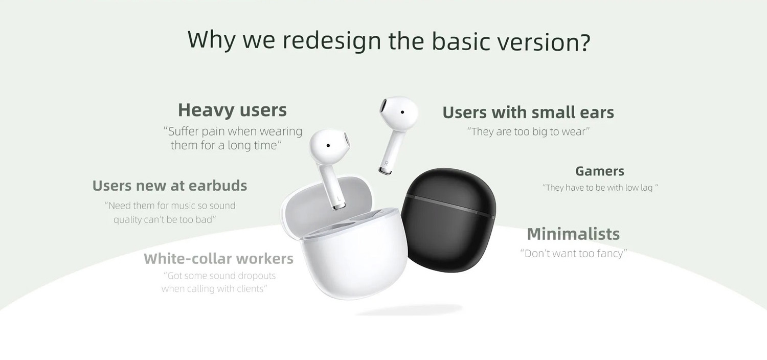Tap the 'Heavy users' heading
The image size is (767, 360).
pos(232,110)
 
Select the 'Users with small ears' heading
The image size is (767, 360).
pos(528,112)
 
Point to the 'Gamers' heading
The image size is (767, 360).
pos(600,171)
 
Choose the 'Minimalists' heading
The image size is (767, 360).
pos(573,234)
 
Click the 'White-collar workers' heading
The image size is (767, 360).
pos(218,258)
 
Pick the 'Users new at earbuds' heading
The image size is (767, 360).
pos(169,186)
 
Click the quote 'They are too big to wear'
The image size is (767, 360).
pos(528,131)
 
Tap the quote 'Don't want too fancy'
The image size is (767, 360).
pos(574,254)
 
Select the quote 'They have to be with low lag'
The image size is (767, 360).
pos(600,188)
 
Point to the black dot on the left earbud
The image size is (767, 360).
pos(328,146)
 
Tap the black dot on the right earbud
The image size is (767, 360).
pos(402,112)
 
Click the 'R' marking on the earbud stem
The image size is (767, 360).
pos(386,164)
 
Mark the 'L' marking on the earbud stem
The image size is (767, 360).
pos(339,199)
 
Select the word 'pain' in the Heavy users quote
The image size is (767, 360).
pos(213,131)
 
